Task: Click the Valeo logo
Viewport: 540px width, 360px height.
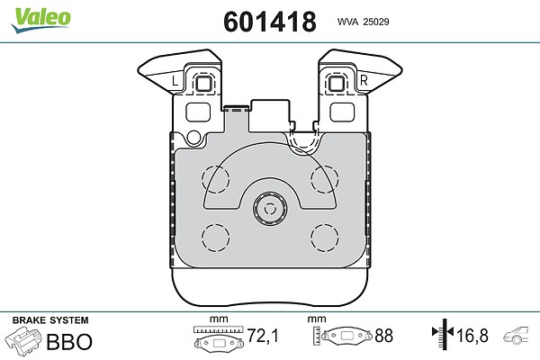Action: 40,20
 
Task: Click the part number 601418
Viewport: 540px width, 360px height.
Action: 270,22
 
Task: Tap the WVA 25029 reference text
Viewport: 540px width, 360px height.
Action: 363,22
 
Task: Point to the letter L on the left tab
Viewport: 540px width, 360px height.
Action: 175,81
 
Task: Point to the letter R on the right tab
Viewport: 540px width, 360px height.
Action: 364,80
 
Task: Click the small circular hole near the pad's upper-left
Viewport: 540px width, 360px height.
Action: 193,137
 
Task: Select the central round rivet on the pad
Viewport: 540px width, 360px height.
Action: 270,209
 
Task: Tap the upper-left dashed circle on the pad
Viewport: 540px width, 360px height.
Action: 216,179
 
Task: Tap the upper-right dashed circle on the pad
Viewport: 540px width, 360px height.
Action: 324,179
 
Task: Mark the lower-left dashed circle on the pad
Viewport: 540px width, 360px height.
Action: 216,238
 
